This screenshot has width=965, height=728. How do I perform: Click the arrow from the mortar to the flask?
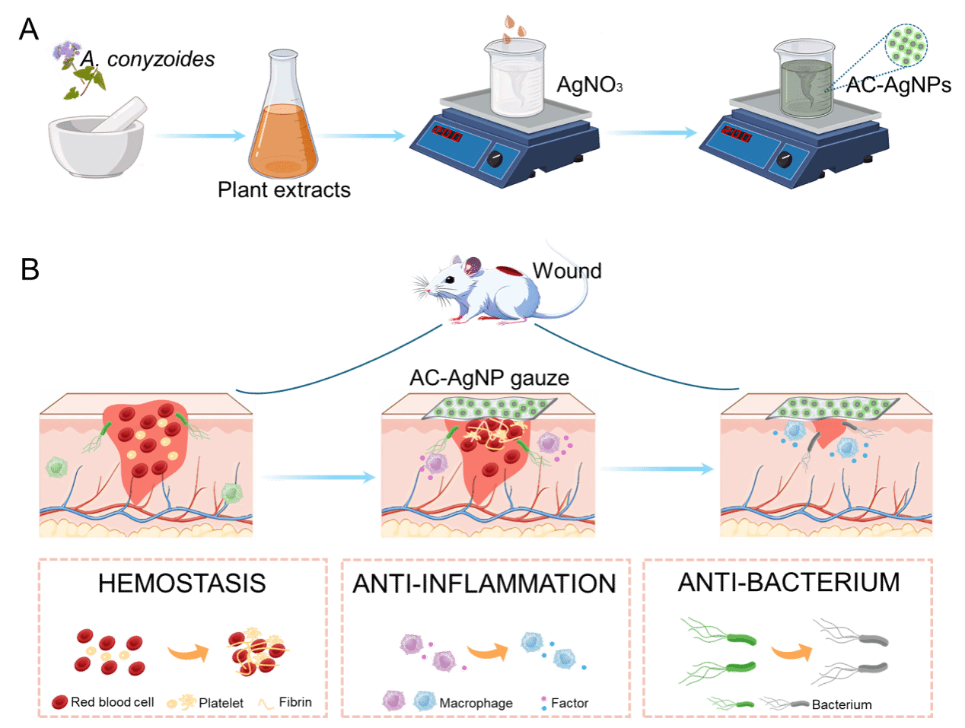pyautogui.click(x=198, y=136)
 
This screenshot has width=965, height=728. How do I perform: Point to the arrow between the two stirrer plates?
pyautogui.click(x=650, y=133)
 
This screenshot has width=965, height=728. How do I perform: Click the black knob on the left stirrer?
pyautogui.click(x=495, y=158)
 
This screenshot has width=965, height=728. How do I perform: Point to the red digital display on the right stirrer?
pyautogui.click(x=737, y=135)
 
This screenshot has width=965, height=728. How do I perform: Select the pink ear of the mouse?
pyautogui.click(x=474, y=265)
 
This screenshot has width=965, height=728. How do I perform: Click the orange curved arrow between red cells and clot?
pyautogui.click(x=187, y=652)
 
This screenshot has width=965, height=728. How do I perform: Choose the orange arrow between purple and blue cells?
pyautogui.click(x=487, y=651)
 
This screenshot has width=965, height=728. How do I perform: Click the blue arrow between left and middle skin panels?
pyautogui.click(x=317, y=477)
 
